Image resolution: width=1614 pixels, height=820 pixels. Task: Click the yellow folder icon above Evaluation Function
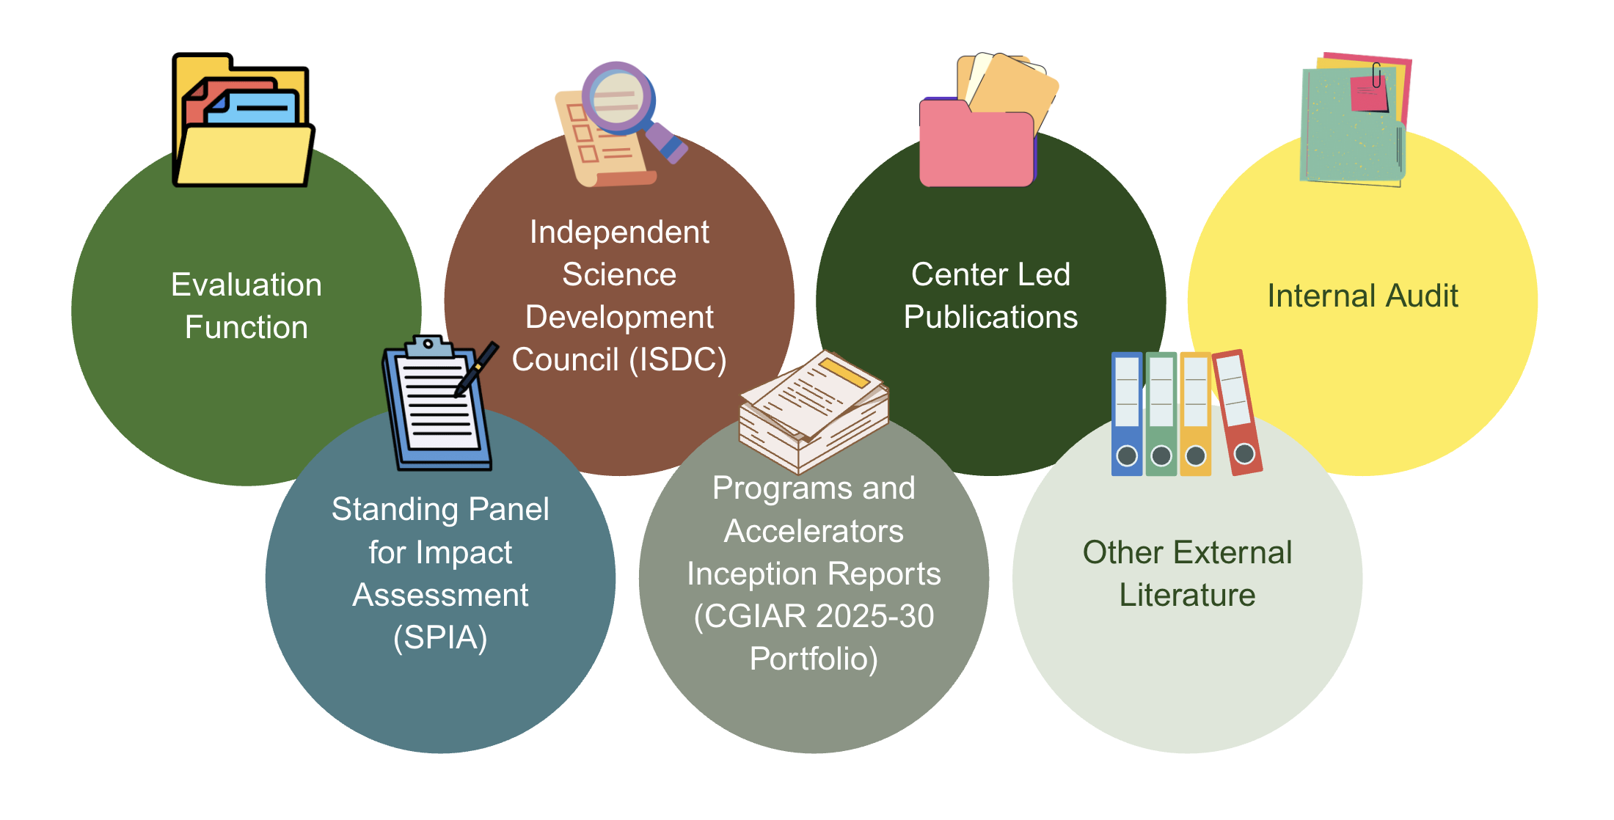[x=242, y=121]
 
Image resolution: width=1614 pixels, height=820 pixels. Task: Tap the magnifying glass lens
[x=618, y=97]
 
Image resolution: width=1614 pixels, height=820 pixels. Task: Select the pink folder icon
[x=976, y=143]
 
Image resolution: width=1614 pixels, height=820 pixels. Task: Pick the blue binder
[x=1127, y=414]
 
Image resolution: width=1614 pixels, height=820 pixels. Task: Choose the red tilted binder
[x=1237, y=412]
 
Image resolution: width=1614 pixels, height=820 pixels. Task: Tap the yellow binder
[x=1196, y=414]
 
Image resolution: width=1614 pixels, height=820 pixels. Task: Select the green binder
[x=1161, y=414]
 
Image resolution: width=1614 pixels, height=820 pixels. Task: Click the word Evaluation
[x=247, y=285]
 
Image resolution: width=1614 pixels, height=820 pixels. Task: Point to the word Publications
[x=990, y=317]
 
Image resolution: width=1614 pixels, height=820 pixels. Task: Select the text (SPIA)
[x=440, y=637]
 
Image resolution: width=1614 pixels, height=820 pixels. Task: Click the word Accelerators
[x=814, y=531]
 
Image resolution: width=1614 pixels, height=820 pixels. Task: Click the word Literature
[x=1187, y=595]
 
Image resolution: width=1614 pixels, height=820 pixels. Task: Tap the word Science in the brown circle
[x=619, y=274]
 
